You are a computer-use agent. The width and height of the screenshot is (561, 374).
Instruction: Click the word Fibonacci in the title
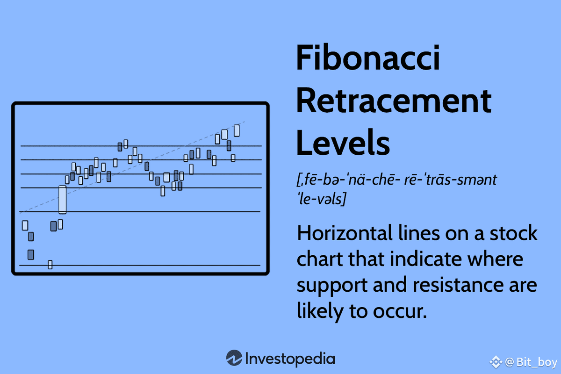click(367, 58)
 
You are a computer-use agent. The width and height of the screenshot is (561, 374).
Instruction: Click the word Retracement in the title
click(394, 101)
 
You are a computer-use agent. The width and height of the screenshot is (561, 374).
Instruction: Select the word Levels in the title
click(343, 143)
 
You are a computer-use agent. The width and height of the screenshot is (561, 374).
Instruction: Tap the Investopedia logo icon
click(234, 358)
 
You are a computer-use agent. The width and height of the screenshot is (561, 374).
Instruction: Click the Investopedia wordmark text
click(290, 359)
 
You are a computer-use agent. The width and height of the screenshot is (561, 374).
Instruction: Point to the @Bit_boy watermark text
click(531, 362)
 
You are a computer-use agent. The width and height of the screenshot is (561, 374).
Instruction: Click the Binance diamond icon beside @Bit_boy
click(496, 362)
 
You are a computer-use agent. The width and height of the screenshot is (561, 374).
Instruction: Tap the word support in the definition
click(332, 286)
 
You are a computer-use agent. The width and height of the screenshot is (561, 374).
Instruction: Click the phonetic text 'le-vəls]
click(322, 199)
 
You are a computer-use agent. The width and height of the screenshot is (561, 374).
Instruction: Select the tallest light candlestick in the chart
click(62, 200)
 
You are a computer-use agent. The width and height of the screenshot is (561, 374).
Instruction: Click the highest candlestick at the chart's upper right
click(237, 130)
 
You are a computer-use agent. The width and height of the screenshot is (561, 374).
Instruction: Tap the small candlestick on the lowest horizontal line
click(50, 265)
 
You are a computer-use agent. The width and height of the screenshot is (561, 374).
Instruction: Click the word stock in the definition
click(513, 233)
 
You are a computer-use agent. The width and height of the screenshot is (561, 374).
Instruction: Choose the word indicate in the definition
click(426, 259)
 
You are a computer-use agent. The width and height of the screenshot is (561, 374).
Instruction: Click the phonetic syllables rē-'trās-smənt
click(450, 180)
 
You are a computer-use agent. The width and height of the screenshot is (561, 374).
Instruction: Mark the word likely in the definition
click(320, 312)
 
